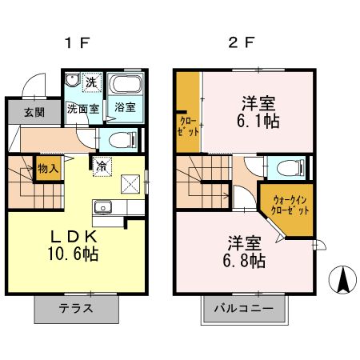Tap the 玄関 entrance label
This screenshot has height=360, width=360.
[34, 111]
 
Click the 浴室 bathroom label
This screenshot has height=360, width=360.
[125, 107]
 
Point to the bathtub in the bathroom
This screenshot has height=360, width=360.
[124, 86]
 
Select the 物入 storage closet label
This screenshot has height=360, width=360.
[49, 170]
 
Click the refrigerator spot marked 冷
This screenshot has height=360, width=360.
[102, 166]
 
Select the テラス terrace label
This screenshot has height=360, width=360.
[77, 308]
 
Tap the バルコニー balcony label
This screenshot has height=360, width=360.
[242, 308]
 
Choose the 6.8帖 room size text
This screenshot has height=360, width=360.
[244, 261]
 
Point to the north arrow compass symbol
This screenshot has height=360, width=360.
[343, 280]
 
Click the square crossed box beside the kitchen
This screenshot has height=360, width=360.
[130, 184]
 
